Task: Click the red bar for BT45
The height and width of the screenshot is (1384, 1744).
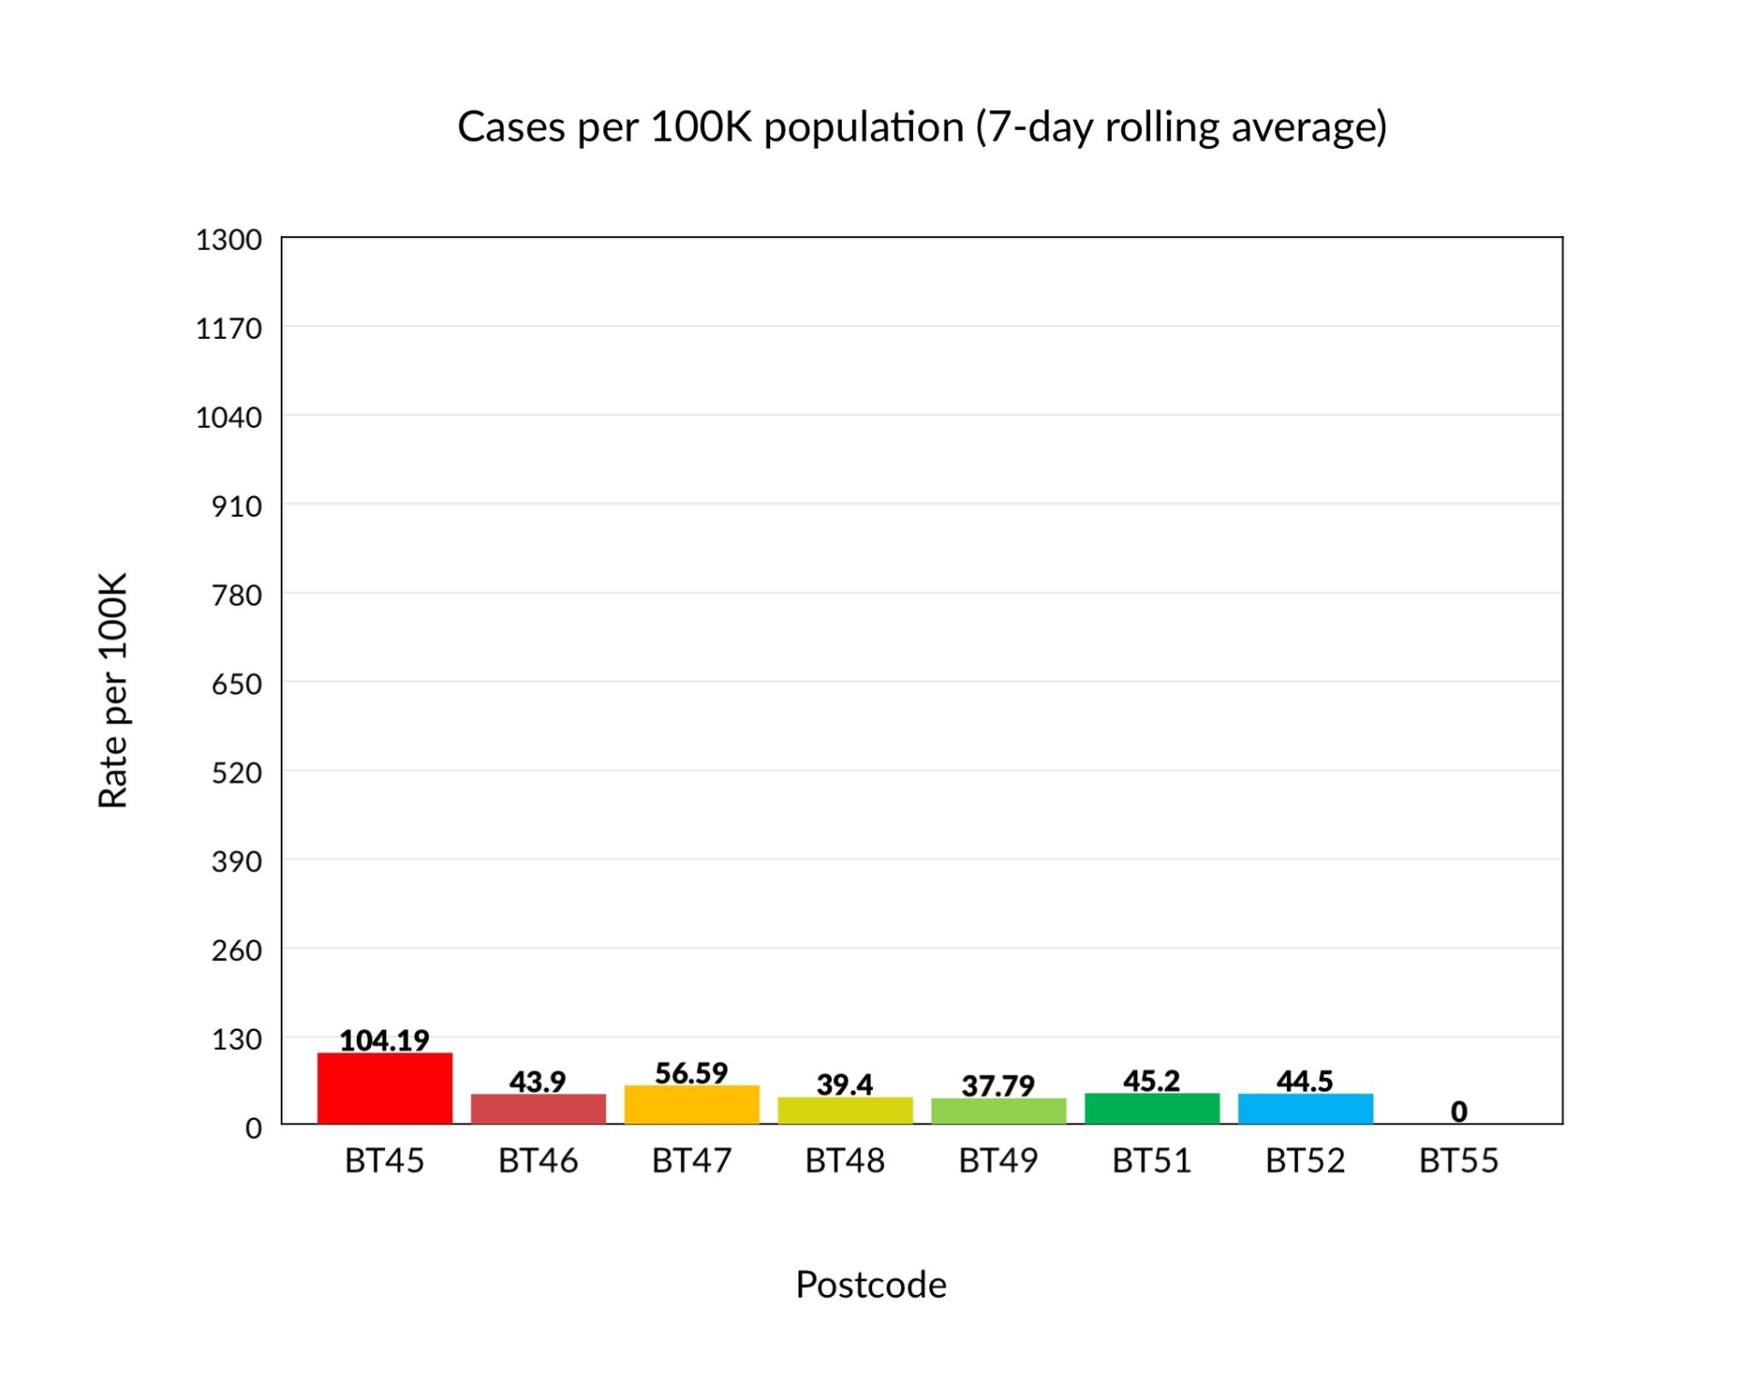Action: (384, 1088)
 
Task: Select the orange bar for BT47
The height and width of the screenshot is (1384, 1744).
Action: (691, 1104)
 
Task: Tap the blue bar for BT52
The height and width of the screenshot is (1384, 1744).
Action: (1305, 1108)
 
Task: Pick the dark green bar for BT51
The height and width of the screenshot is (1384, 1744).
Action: (1152, 1108)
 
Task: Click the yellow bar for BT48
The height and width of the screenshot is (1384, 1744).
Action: (845, 1110)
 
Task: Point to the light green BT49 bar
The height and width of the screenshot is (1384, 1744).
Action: (998, 1111)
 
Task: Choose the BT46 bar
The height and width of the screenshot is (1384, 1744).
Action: (538, 1108)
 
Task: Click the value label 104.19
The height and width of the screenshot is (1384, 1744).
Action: (384, 1040)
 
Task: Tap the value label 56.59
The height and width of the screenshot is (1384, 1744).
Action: (691, 1073)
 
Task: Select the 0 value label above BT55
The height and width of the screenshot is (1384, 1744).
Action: (1459, 1111)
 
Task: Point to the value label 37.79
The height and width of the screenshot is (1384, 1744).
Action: (998, 1085)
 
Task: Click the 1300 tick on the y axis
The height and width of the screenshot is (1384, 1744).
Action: (229, 240)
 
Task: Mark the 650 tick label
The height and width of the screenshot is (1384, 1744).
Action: (236, 684)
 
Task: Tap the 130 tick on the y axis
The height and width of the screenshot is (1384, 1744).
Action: (236, 1039)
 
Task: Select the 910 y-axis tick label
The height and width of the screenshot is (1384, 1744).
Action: (236, 506)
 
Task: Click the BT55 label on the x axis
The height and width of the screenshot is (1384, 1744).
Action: (1459, 1161)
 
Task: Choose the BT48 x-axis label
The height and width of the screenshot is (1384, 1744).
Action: (845, 1161)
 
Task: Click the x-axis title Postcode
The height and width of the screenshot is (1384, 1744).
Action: (871, 1285)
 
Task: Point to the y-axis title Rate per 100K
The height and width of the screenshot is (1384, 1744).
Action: (113, 690)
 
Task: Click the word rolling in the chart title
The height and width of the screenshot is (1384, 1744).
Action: (1162, 126)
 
